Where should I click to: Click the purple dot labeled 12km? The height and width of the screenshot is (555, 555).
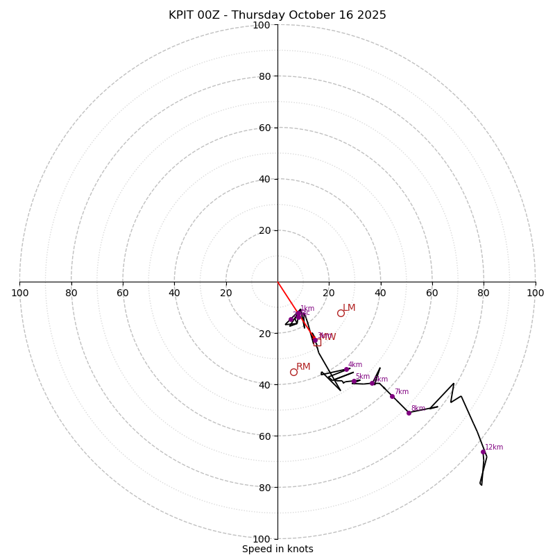point(483,452)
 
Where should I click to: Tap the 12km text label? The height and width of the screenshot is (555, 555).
point(494,447)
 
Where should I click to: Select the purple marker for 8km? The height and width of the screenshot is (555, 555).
point(409,413)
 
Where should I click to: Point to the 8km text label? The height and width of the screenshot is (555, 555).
point(418,409)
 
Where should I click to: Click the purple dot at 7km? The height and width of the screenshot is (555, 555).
point(392,396)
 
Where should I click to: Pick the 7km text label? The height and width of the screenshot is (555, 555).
point(401,392)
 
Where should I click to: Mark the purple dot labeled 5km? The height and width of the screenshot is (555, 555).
point(354,381)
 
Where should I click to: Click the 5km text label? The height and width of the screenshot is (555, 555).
point(362,377)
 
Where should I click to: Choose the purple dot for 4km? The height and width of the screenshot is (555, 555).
point(346,369)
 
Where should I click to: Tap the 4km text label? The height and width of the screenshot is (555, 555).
point(355,365)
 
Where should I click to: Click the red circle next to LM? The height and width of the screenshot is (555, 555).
point(341,313)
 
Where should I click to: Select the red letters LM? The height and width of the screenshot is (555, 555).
point(349,308)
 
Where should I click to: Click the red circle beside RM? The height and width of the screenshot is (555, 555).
point(293,372)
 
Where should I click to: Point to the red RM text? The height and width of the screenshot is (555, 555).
point(303,367)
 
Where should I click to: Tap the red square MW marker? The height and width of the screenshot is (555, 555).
point(317,342)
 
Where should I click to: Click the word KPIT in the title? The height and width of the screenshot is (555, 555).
point(182,15)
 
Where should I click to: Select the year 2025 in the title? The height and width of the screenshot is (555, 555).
point(372,15)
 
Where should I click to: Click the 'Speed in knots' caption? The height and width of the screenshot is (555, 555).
point(277,549)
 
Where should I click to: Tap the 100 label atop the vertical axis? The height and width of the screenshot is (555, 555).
point(262,26)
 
